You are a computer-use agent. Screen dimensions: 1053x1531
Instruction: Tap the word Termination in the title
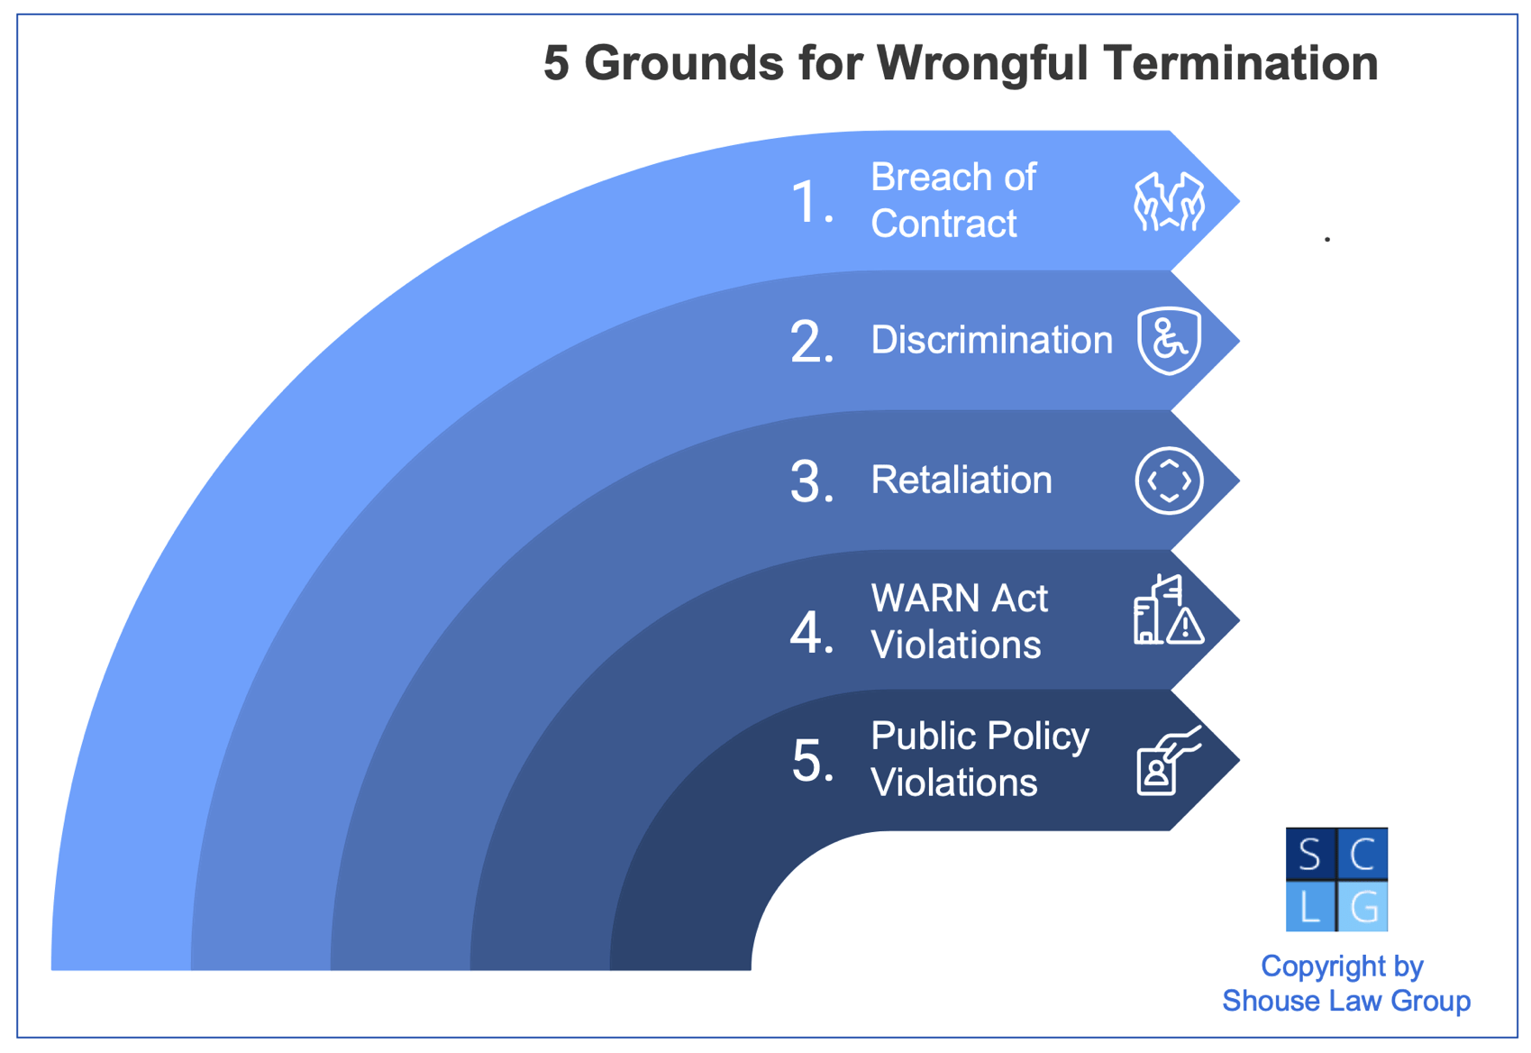point(1241,64)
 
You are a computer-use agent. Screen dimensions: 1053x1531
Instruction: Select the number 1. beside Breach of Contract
point(811,202)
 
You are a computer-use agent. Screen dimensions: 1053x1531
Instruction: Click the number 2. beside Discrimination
point(811,343)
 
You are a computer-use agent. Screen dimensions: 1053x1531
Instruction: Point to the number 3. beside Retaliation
point(811,482)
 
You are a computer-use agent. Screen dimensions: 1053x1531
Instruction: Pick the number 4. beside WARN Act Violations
point(811,632)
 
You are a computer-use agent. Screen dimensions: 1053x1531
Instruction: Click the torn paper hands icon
point(1169,201)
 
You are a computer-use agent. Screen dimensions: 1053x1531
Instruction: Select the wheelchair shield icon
point(1169,341)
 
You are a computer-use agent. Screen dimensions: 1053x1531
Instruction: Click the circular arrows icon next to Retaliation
point(1169,481)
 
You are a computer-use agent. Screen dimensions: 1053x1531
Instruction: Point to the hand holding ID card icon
point(1168,762)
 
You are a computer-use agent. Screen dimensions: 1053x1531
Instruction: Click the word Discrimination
point(991,341)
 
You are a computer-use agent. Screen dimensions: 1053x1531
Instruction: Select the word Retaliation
point(961,481)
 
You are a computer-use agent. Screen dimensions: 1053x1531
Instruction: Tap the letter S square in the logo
point(1310,854)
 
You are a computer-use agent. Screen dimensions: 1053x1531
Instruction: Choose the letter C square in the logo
point(1363,854)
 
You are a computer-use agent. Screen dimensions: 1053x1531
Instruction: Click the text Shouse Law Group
point(1345,1001)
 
